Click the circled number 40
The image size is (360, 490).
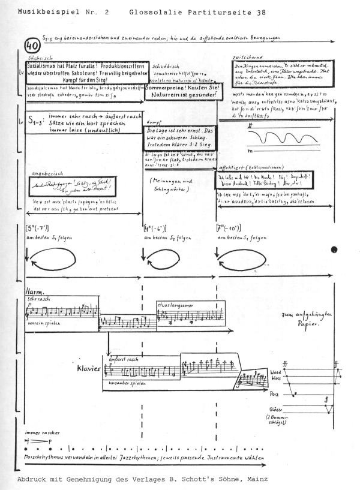pyautogui.click(x=32, y=44)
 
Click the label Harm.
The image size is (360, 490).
pyautogui.click(x=34, y=292)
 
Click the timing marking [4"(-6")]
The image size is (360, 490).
pyautogui.click(x=157, y=229)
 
